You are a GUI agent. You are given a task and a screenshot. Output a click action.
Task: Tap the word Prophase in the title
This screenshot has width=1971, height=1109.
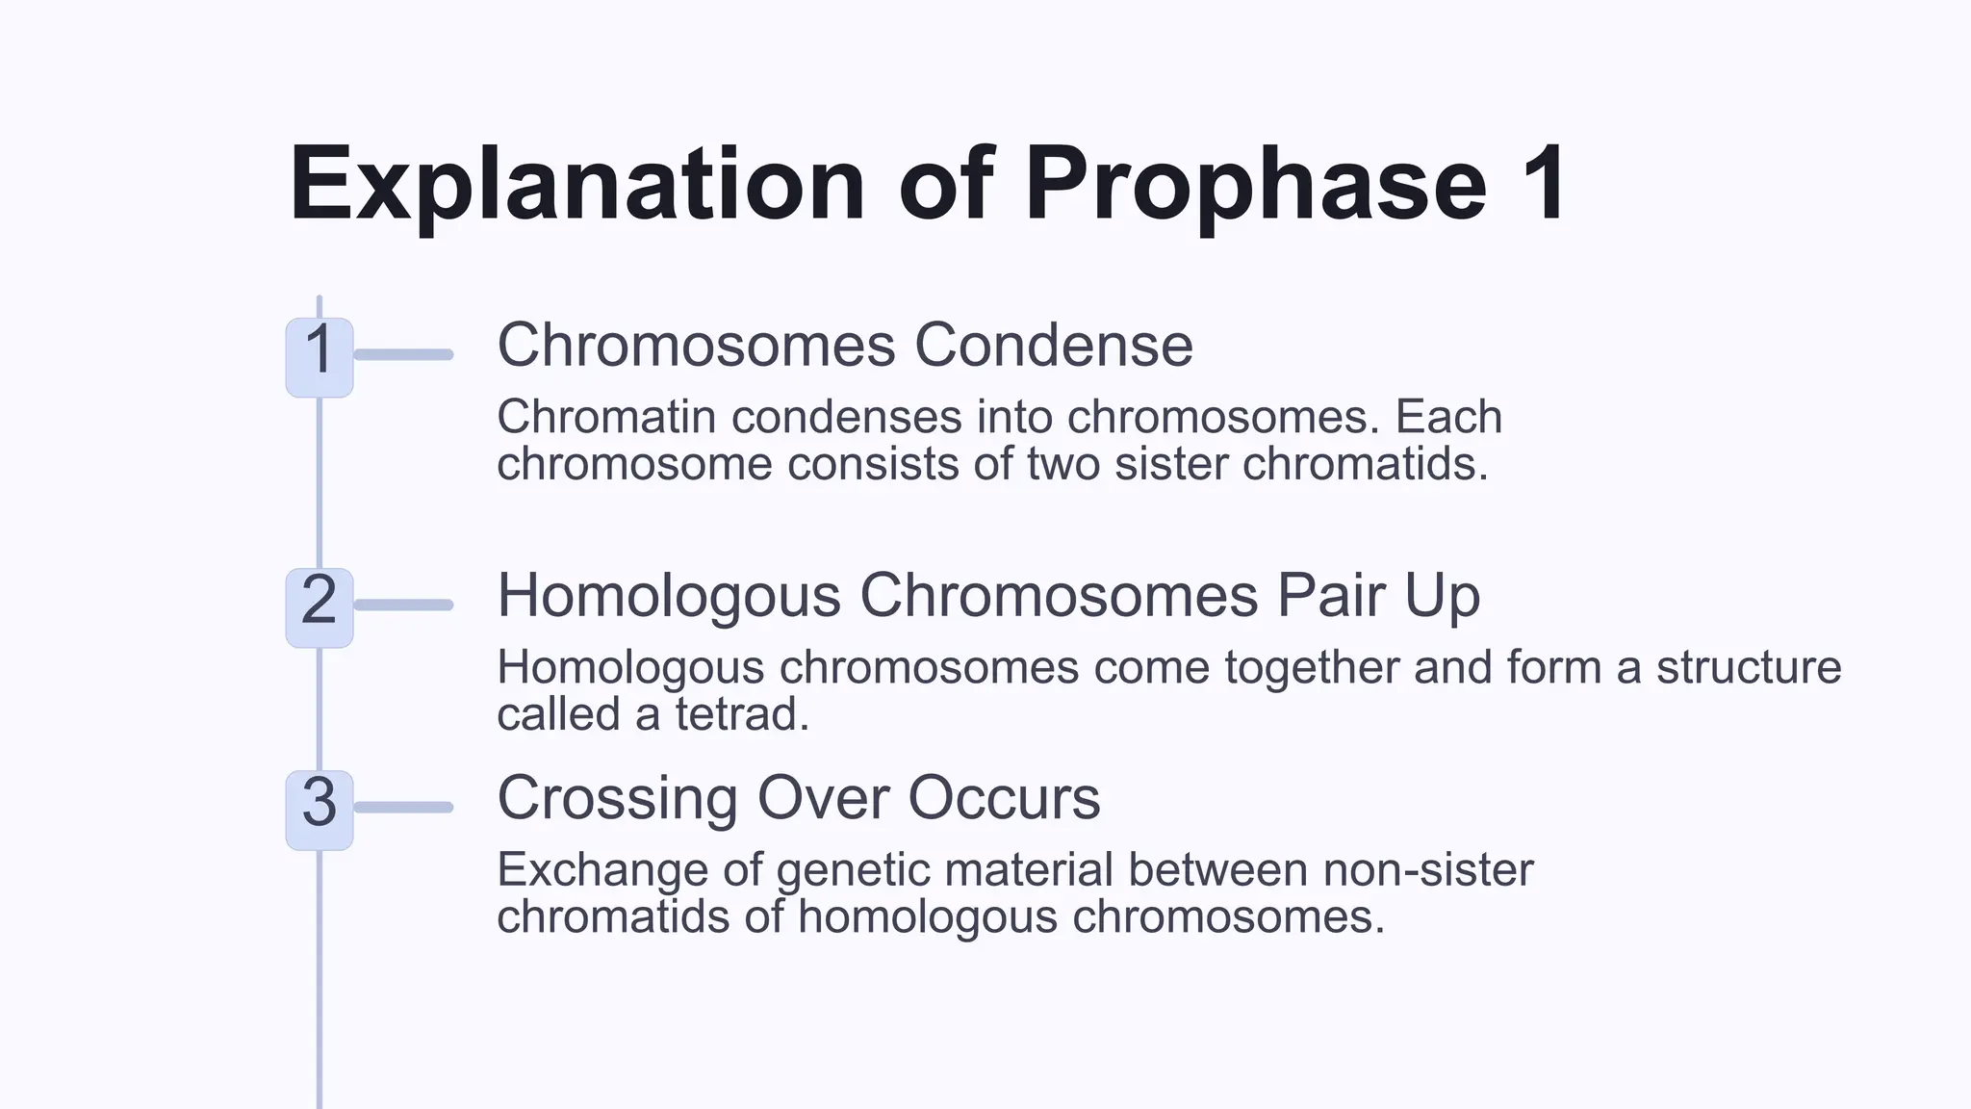1255,184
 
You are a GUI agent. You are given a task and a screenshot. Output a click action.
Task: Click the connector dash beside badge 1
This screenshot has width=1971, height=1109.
404,355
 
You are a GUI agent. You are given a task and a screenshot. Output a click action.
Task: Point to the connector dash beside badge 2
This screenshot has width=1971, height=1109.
404,606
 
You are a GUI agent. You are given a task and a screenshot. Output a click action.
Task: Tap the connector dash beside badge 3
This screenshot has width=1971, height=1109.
404,808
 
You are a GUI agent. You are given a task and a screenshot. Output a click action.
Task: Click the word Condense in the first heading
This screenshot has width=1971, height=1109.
1053,346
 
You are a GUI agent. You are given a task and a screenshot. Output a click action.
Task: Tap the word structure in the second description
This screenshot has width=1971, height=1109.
1748,668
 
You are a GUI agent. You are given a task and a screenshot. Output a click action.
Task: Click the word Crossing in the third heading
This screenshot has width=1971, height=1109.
617,799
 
